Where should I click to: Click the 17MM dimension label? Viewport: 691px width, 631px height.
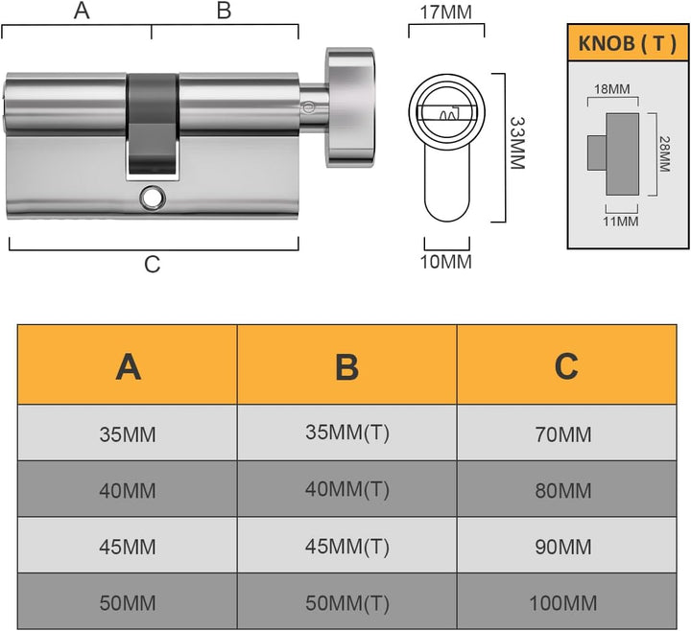pyautogui.click(x=445, y=12)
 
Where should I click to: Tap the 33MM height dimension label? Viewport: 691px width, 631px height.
pyautogui.click(x=517, y=143)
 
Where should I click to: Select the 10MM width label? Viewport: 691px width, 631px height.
pyautogui.click(x=445, y=262)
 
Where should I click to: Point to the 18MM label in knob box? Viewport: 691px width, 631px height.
pyautogui.click(x=611, y=89)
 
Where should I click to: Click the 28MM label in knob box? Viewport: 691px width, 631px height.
pyautogui.click(x=664, y=153)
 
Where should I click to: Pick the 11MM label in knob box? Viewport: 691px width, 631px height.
pyautogui.click(x=621, y=221)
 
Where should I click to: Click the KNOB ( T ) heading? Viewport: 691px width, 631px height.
pyautogui.click(x=627, y=43)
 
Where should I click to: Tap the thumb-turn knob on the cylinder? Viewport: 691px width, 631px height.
pyautogui.click(x=349, y=107)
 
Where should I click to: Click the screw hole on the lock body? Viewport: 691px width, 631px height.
pyautogui.click(x=153, y=198)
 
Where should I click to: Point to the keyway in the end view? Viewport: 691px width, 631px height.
pyautogui.click(x=447, y=113)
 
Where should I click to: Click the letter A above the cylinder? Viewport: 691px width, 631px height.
pyautogui.click(x=82, y=11)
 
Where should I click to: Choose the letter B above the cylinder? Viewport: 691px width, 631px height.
pyautogui.click(x=224, y=11)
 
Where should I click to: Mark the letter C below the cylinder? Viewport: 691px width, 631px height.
pyautogui.click(x=152, y=265)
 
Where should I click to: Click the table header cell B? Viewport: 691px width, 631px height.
pyautogui.click(x=346, y=365)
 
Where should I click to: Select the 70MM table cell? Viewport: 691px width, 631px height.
pyautogui.click(x=566, y=432)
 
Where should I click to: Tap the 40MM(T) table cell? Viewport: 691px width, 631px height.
pyautogui.click(x=346, y=489)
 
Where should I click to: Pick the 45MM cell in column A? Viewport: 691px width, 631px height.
pyautogui.click(x=128, y=545)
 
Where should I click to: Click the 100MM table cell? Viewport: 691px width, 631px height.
pyautogui.click(x=566, y=601)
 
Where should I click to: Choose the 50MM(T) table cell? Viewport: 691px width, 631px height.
pyautogui.click(x=346, y=601)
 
